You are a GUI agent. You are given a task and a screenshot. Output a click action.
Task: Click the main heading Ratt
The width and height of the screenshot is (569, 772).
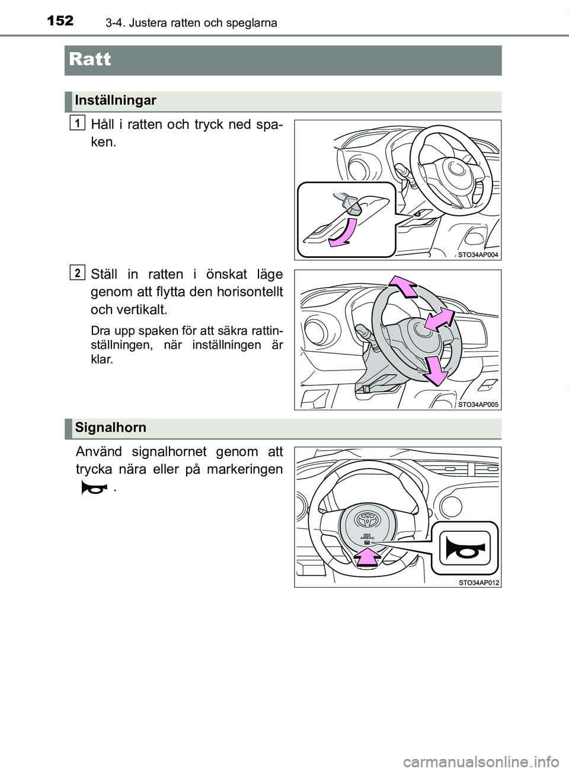pyautogui.click(x=90, y=59)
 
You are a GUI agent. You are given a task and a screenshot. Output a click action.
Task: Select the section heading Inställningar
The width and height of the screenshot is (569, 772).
pyautogui.click(x=115, y=100)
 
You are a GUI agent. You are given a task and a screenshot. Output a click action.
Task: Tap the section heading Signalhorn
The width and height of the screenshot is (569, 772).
pyautogui.click(x=110, y=428)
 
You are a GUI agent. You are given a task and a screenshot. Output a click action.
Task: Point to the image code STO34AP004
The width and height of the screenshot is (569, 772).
pyautogui.click(x=478, y=254)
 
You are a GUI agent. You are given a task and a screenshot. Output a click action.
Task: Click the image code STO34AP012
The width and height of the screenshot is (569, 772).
pyautogui.click(x=478, y=582)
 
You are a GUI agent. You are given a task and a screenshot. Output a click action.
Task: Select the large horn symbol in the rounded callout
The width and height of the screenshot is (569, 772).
pyautogui.click(x=465, y=548)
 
